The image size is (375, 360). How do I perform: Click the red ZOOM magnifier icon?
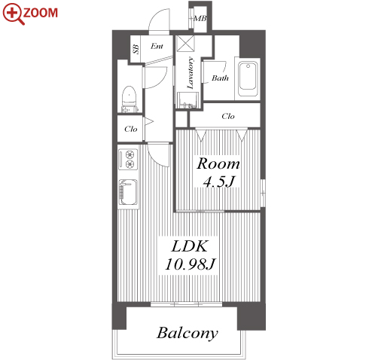[x=14, y=14]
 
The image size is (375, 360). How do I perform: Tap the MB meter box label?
[x=200, y=18]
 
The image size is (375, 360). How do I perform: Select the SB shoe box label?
[x=136, y=49]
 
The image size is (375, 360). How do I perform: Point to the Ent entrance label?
[x=157, y=46]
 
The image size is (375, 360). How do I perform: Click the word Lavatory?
[x=191, y=73]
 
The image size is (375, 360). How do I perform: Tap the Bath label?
[x=220, y=78]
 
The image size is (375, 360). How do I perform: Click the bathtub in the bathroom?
[x=248, y=79]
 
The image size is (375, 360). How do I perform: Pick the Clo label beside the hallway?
[x=131, y=129]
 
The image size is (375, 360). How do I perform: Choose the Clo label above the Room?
[x=228, y=116]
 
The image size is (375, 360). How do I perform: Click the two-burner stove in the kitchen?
[x=128, y=160]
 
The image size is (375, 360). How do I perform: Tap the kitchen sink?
[x=128, y=192]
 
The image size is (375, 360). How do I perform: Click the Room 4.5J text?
[x=218, y=172]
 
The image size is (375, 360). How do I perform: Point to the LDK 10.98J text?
[x=190, y=255]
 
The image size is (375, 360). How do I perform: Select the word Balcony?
[x=187, y=333]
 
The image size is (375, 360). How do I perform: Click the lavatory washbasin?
[x=188, y=100]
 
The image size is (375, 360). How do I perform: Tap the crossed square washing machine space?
[x=185, y=43]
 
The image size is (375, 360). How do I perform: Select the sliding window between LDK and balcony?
[x=186, y=304]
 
